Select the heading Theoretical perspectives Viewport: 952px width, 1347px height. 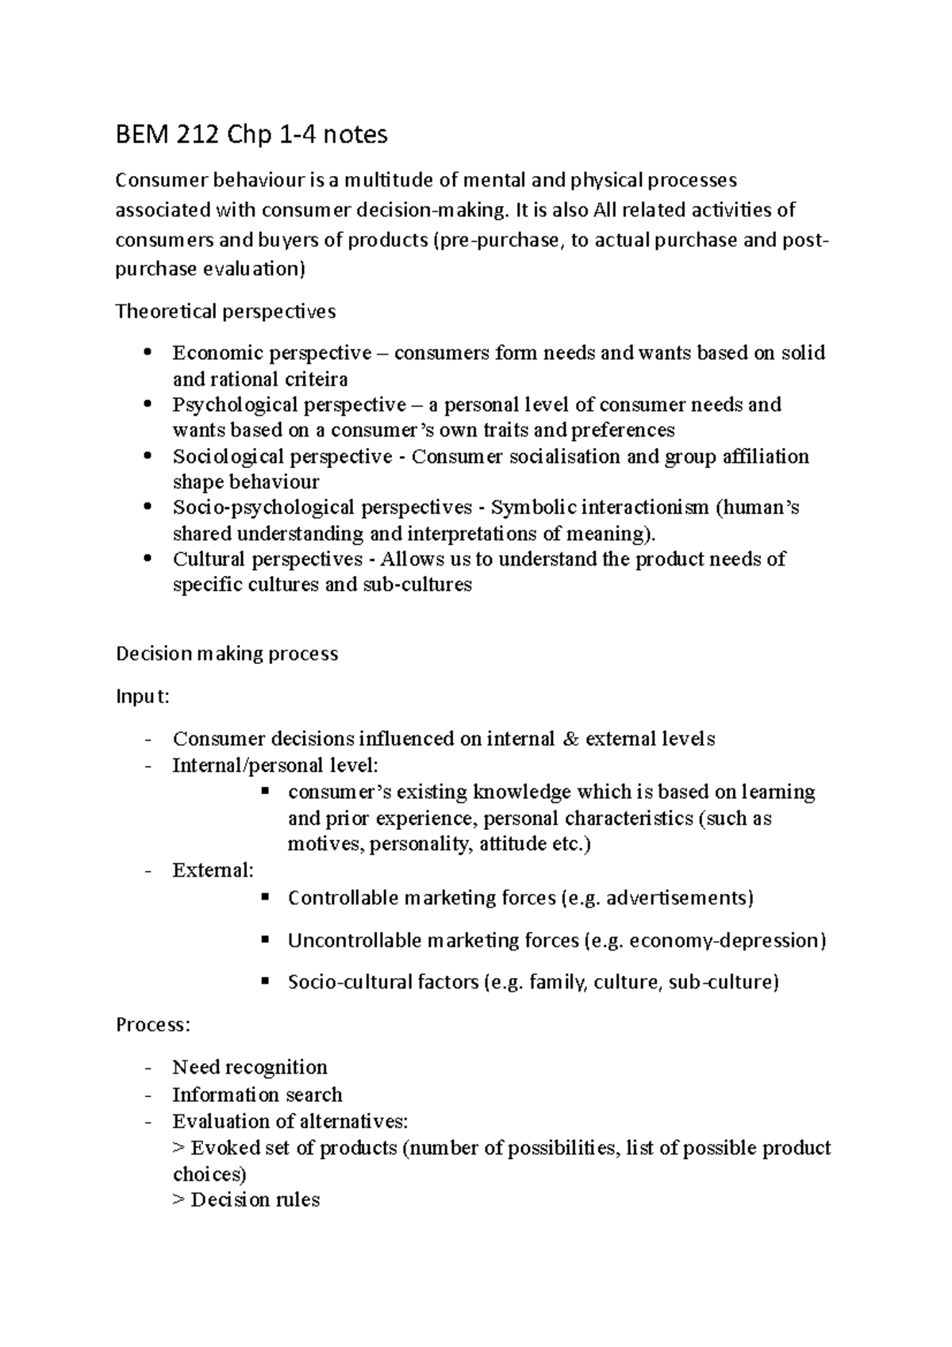click(225, 311)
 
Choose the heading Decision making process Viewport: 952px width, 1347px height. click(227, 654)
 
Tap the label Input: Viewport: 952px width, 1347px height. click(143, 697)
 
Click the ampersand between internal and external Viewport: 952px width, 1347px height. click(570, 739)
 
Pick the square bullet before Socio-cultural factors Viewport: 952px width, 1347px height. click(266, 981)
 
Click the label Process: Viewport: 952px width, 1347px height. click(153, 1024)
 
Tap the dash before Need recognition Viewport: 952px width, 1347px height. click(148, 1068)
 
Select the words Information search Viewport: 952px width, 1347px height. click(257, 1095)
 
